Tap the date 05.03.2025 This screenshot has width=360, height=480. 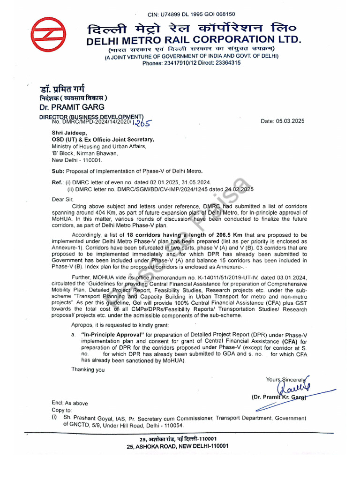pyautogui.click(x=289, y=121)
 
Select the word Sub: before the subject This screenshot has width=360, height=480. pyautogui.click(x=58, y=171)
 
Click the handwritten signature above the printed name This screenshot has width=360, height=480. pyautogui.click(x=292, y=388)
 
